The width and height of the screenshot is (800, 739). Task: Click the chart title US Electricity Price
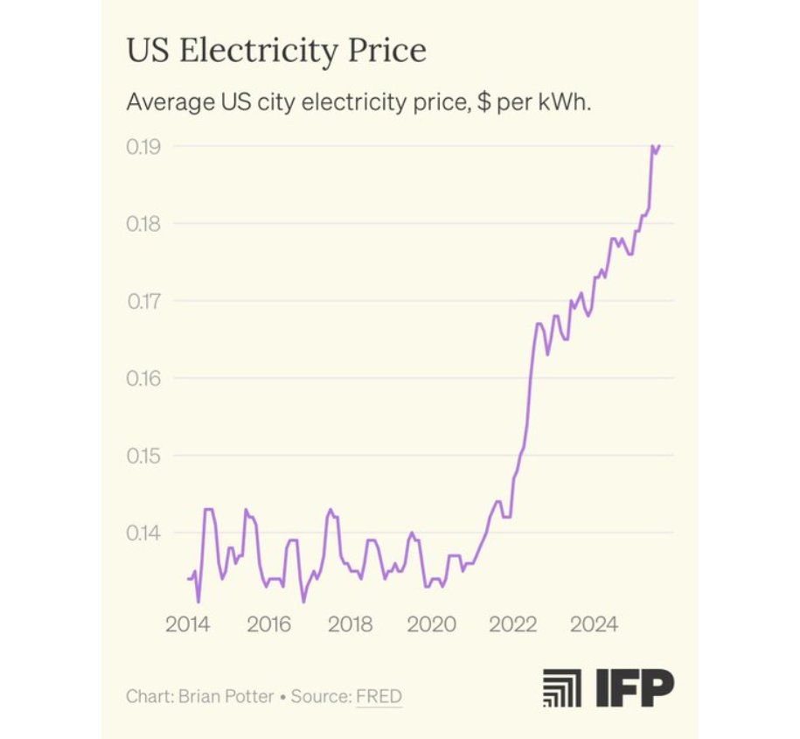[x=276, y=51]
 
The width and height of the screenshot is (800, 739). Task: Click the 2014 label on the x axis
[x=187, y=624]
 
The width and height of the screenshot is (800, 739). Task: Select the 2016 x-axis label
[x=268, y=624]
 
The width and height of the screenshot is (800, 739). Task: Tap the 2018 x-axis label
[x=350, y=624]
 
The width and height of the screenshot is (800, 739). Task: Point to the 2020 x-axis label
[x=432, y=624]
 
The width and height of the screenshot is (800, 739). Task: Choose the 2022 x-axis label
[x=513, y=624]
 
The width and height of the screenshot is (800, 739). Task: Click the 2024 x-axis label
[x=595, y=624]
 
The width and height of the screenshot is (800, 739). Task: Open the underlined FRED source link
[x=379, y=697]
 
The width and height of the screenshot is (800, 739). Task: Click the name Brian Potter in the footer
[x=226, y=697]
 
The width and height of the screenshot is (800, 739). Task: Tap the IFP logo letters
[x=635, y=688]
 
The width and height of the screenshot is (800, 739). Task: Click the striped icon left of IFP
[x=561, y=688]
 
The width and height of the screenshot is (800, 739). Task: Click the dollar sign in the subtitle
[x=483, y=101]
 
